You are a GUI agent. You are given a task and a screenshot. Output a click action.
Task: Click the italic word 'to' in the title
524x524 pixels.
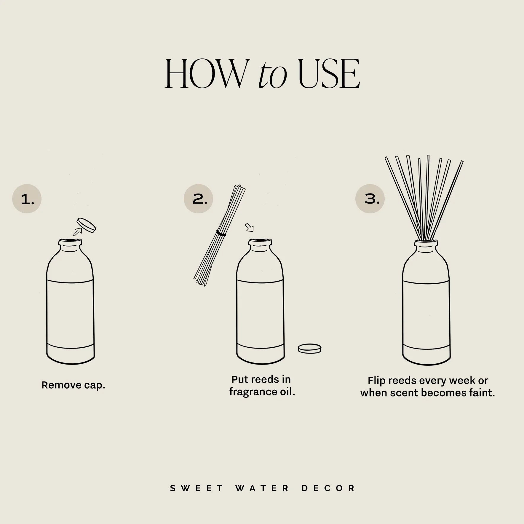tap(273, 74)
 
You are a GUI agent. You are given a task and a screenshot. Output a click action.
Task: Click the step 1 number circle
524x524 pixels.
tap(27, 199)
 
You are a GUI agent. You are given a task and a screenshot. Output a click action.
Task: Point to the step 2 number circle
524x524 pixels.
tap(198, 199)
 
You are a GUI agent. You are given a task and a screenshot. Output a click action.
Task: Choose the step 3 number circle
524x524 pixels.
tap(370, 199)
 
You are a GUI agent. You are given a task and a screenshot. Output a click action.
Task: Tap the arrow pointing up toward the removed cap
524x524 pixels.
tap(77, 232)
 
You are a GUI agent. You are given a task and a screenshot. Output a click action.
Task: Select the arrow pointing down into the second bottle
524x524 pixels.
tap(250, 228)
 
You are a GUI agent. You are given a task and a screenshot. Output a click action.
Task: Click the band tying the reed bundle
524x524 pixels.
tap(221, 233)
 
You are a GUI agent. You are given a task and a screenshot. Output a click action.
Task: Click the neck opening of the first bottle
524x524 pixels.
tap(70, 242)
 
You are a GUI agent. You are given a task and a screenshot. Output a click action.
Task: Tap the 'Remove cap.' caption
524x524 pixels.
tap(73, 385)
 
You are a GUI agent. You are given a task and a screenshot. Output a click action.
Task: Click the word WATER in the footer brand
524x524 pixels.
tap(262, 488)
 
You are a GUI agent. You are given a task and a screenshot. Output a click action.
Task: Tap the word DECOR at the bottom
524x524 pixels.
tap(328, 488)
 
